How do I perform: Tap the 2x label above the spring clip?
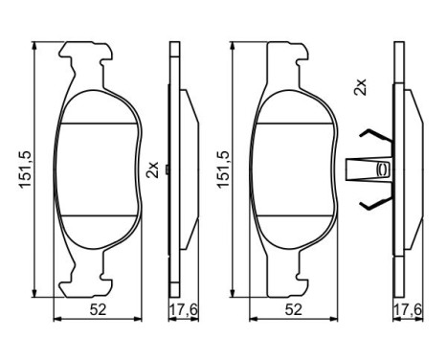360,89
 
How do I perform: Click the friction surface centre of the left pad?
98,169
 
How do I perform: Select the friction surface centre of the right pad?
293,169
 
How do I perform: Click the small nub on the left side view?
167,170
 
